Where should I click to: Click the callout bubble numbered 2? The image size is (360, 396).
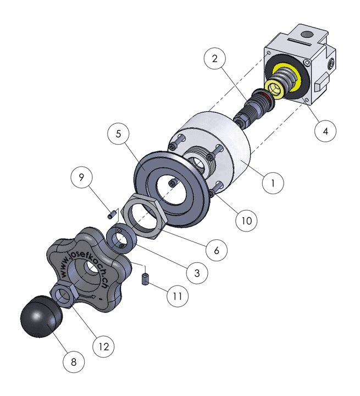click(214, 59)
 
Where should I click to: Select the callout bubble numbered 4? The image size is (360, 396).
click(325, 131)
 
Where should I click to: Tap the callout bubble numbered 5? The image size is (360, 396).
click(118, 134)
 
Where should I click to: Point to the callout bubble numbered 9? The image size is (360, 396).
click(81, 177)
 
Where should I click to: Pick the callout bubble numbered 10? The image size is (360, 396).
click(246, 221)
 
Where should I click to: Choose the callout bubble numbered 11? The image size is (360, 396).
click(178, 296)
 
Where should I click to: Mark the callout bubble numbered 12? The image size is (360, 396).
click(103, 346)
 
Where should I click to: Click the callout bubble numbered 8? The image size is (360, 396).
click(74, 362)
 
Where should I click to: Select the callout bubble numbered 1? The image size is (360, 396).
click(273, 183)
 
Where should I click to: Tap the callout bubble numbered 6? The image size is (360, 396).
click(217, 250)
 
